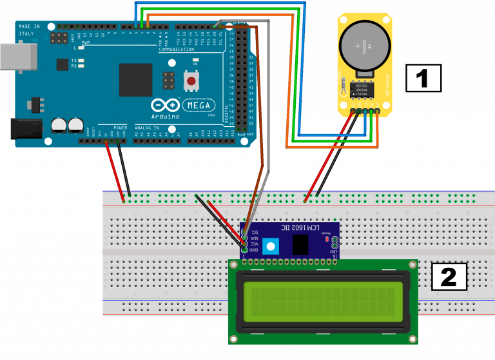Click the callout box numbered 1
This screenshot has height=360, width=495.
click(423, 78)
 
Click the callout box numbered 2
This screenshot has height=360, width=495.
click(449, 276)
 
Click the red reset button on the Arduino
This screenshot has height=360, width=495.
click(191, 81)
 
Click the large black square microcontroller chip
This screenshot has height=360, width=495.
click(135, 79)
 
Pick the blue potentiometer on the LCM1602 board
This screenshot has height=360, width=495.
click(271, 245)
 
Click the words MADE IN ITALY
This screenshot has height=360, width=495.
click(29, 30)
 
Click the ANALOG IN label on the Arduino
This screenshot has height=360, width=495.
click(146, 128)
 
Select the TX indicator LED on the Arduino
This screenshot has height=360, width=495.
click(82, 60)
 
